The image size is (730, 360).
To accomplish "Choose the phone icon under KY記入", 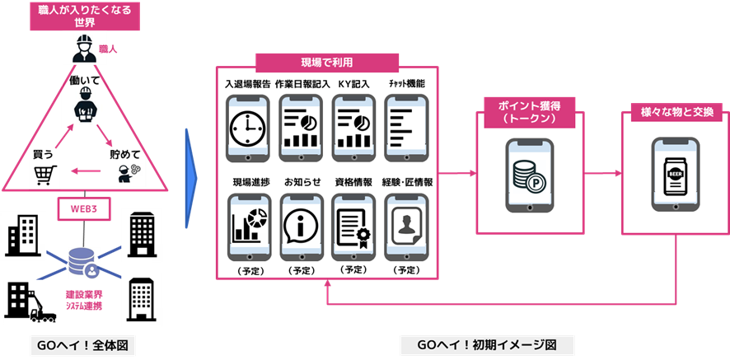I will pyautogui.click(x=354, y=128).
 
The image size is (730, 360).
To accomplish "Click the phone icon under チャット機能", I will pyautogui.click(x=407, y=128).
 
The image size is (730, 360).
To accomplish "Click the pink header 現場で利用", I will pyautogui.click(x=327, y=63).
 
